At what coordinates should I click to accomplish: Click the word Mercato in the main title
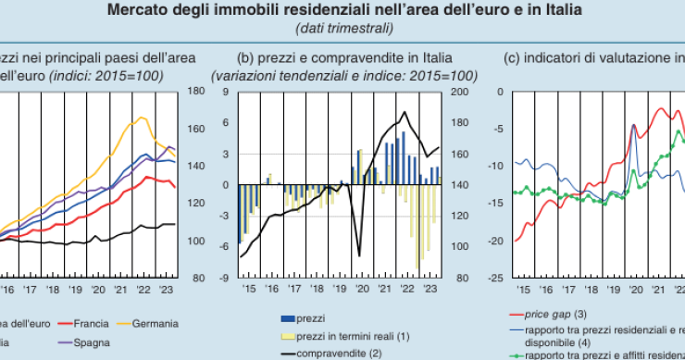click(138, 11)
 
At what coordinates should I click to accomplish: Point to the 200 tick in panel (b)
click(455, 92)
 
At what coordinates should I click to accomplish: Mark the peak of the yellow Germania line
click(143, 118)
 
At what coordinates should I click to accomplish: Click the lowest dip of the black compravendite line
click(359, 255)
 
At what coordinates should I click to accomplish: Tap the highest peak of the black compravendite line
click(405, 113)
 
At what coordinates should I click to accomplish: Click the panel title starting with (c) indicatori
click(593, 57)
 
